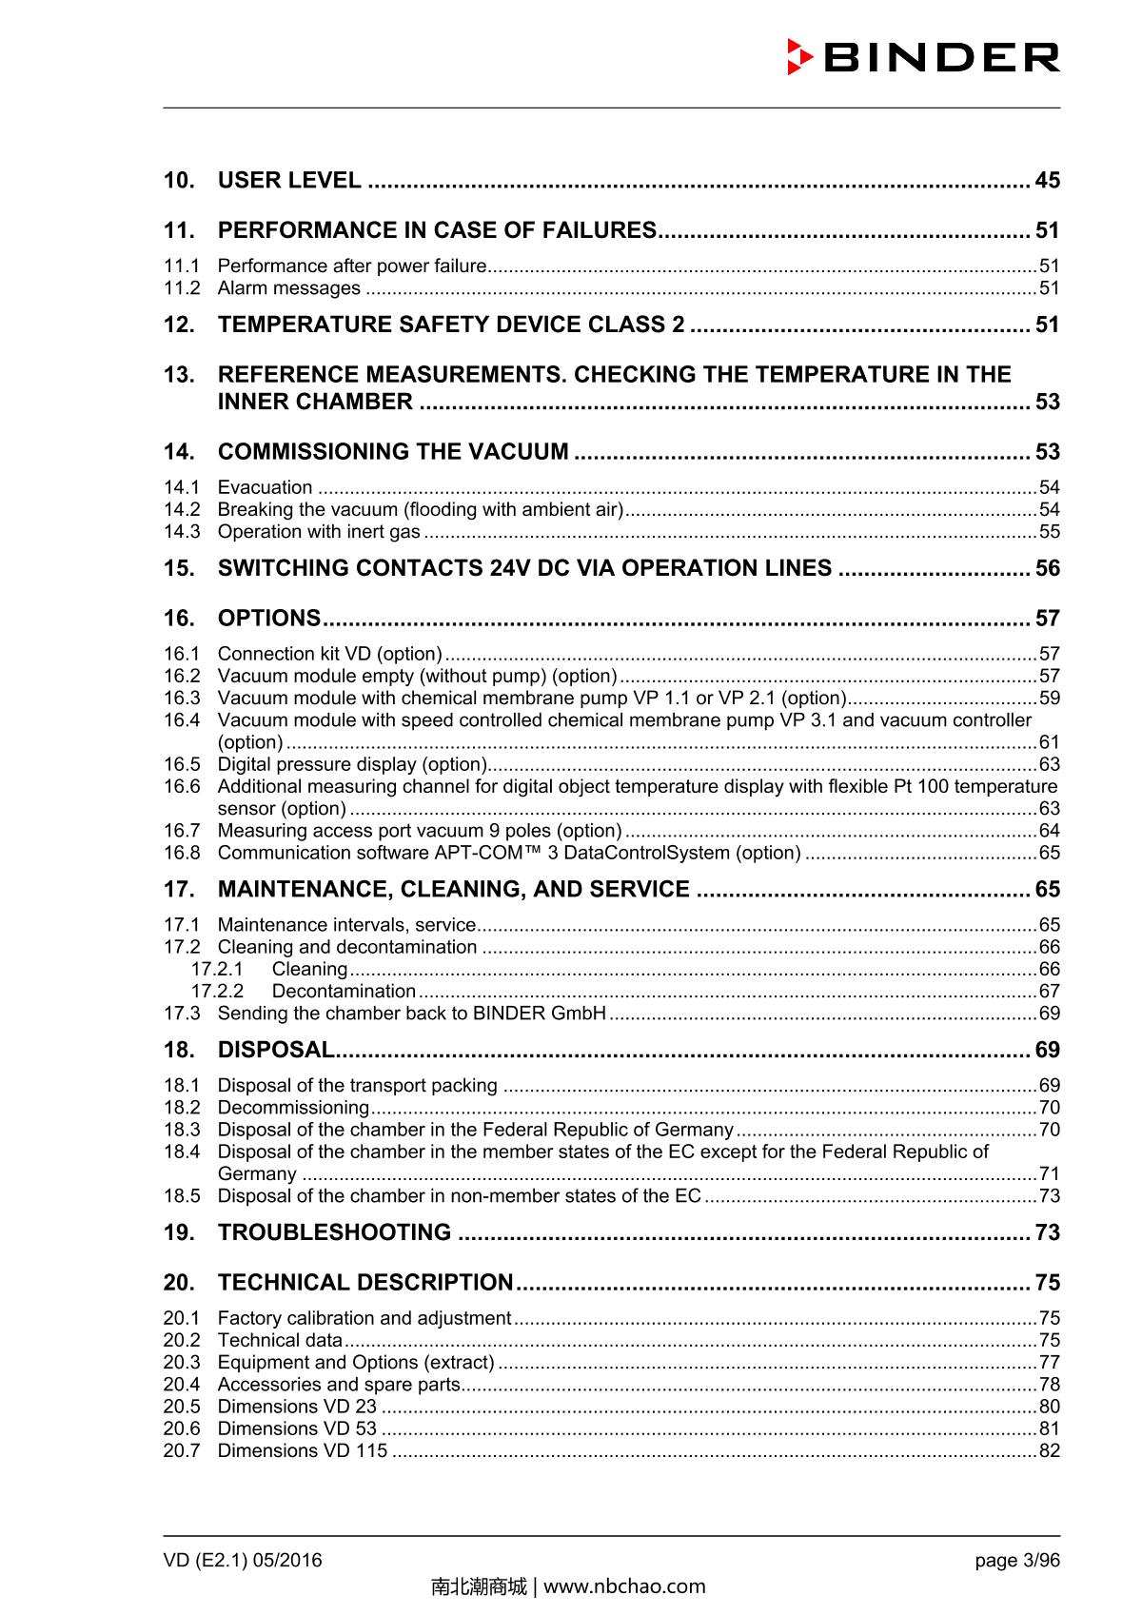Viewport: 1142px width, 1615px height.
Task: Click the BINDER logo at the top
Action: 923,57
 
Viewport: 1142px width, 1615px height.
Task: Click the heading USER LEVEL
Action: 289,181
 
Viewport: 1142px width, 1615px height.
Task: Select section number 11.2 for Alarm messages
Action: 181,288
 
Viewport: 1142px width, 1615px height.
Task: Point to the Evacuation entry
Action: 265,487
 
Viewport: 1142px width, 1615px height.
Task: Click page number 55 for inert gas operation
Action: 1049,532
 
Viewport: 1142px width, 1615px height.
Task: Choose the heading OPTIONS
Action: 269,619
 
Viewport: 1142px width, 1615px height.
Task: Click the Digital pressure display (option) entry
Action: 352,765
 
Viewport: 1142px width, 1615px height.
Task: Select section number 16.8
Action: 181,854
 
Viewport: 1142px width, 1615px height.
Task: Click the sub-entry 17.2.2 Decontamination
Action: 344,992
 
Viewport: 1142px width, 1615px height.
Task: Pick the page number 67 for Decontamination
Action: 1049,992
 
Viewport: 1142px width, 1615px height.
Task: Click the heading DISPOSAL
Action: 275,1051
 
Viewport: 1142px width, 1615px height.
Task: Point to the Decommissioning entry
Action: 293,1108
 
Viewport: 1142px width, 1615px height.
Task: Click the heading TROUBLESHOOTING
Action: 334,1233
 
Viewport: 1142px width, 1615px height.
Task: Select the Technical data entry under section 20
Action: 280,1341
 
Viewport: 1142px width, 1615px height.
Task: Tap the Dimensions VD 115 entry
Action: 303,1451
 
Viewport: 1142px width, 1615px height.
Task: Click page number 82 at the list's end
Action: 1049,1451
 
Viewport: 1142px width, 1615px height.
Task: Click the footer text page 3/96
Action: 1016,1561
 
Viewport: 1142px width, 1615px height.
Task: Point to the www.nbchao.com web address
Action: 624,1586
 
